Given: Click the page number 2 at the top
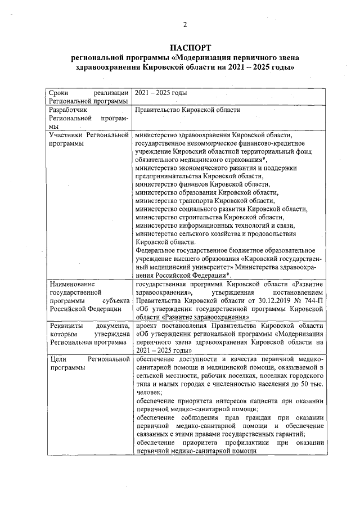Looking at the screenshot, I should [x=184, y=24].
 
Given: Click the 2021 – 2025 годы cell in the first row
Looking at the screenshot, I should [x=161, y=93].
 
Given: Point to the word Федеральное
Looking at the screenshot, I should [x=156, y=250].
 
